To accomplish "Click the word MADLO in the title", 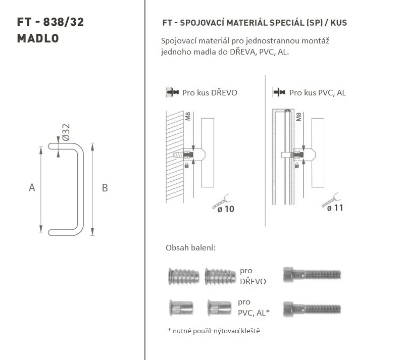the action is [x=38, y=38].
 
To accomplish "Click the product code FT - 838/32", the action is [x=50, y=22].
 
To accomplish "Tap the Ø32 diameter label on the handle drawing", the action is [x=66, y=132].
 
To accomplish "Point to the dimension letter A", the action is [x=32, y=188].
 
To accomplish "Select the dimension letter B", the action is [x=105, y=188].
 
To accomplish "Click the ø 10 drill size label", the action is [x=226, y=209].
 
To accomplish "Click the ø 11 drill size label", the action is [x=335, y=208].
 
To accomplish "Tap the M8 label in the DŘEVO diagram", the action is [x=188, y=117].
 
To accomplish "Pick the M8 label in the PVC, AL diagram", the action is [x=298, y=117].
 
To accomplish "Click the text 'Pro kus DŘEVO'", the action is [x=210, y=93].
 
